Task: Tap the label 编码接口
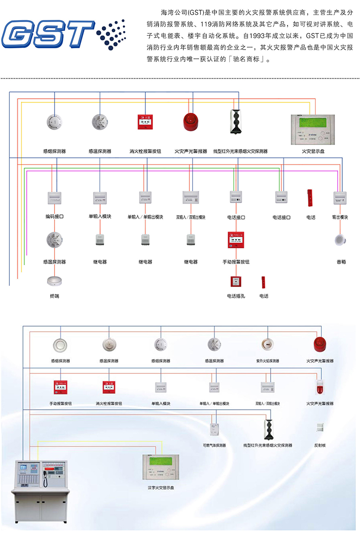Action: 54,217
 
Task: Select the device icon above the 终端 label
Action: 54,281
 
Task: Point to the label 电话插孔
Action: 236,296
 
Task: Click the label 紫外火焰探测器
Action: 267,361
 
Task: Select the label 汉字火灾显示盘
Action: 161,488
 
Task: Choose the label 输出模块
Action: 340,217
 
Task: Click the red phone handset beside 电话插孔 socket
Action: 263,282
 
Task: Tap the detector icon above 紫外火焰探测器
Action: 267,343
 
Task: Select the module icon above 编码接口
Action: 54,198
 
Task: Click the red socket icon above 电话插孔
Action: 236,281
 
